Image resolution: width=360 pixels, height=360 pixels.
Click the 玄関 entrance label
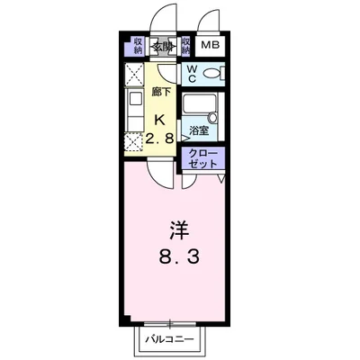(x=162, y=46)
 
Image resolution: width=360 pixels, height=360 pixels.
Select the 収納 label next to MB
(x=186, y=46)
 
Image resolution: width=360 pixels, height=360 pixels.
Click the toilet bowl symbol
(x=213, y=73)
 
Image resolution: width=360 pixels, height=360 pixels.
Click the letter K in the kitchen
(x=160, y=120)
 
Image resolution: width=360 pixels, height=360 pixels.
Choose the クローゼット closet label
(x=202, y=159)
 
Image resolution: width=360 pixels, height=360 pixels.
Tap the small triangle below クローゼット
(x=220, y=177)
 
